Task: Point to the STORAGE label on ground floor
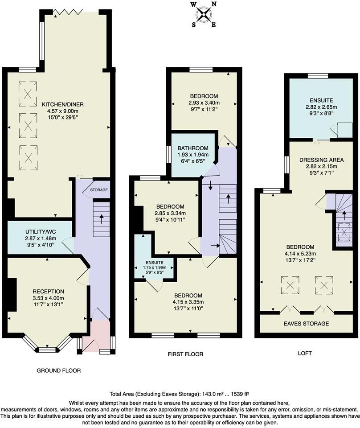pos(99,190)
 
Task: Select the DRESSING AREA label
pos(321,159)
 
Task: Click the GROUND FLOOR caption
pos(59,370)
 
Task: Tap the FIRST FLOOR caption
pos(185,354)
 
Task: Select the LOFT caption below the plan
pos(305,353)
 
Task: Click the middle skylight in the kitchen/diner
pos(29,122)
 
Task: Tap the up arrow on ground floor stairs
pos(102,218)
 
